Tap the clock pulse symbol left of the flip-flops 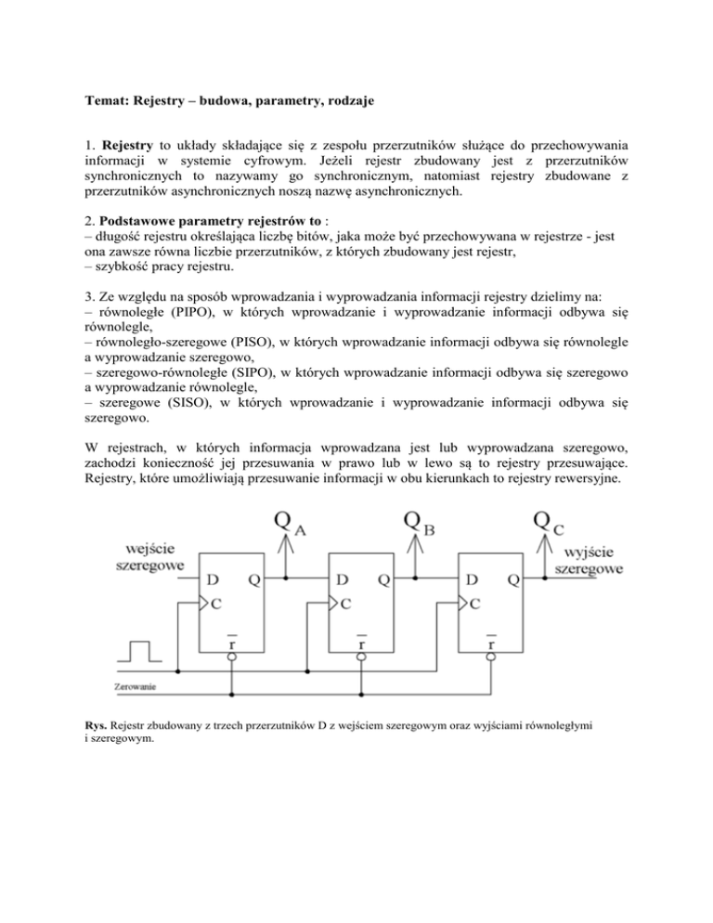139,648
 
